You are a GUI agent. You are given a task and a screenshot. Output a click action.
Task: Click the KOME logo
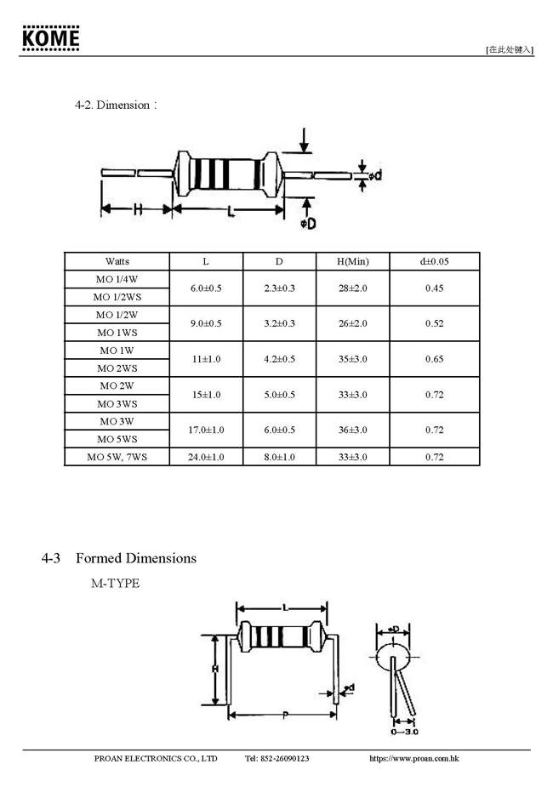pos(51,38)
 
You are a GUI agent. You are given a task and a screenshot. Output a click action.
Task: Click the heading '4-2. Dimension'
pos(115,105)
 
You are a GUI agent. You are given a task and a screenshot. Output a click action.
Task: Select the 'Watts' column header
pos(117,261)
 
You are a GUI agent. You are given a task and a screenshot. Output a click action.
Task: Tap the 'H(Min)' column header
pos(353,261)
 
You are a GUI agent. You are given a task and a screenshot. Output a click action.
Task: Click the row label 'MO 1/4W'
pos(117,279)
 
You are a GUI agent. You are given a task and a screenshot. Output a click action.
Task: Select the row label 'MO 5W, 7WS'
pos(117,457)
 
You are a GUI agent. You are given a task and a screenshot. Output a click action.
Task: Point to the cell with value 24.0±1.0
pos(206,457)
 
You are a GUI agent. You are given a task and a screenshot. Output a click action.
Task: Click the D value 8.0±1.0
pos(279,457)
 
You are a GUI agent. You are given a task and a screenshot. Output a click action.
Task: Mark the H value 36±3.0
pos(353,431)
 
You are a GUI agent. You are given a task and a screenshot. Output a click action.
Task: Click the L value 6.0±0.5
pos(206,288)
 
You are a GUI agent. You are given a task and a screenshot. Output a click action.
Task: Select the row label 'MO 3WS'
pos(117,404)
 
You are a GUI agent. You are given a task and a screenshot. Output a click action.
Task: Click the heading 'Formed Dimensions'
pos(136,558)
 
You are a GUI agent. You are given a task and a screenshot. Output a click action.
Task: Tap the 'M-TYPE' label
pos(116,584)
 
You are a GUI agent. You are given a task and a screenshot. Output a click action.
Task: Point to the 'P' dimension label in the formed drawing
pos(284,714)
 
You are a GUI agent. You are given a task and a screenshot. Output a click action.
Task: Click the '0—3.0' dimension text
pos(404,731)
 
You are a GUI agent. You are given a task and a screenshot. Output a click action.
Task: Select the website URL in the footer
pos(414,758)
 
